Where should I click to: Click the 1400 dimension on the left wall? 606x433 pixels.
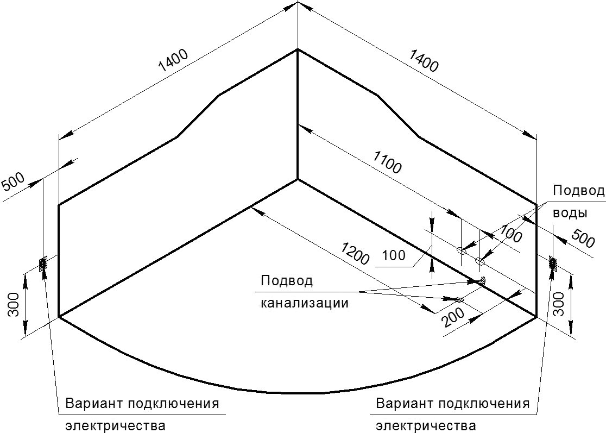(174, 61)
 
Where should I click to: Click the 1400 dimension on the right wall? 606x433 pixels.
(424, 61)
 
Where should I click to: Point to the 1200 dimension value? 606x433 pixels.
(355, 253)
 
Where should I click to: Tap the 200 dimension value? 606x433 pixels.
(452, 317)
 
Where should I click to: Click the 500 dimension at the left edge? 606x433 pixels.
(14, 181)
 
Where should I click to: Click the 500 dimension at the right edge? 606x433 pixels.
(583, 238)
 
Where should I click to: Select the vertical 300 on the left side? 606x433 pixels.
(14, 304)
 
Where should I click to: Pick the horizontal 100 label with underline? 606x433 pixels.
(394, 255)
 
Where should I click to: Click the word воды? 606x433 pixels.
(570, 214)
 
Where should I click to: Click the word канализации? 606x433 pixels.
(305, 303)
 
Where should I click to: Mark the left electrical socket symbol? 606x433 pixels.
(42, 263)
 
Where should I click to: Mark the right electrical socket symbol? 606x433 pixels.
(553, 263)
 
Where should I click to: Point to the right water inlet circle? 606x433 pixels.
(479, 261)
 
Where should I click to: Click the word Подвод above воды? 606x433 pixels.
(578, 191)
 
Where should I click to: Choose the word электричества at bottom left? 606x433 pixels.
(116, 426)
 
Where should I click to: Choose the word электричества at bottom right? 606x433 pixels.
(426, 426)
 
